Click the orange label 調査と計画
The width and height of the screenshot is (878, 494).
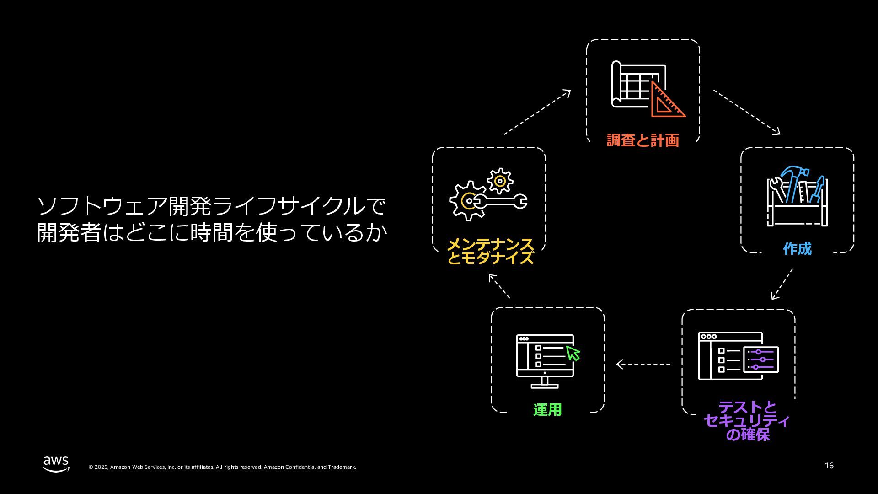pyautogui.click(x=642, y=140)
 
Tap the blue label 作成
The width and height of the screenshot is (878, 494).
pyautogui.click(x=797, y=249)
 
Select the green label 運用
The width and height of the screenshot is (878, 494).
pyautogui.click(x=547, y=410)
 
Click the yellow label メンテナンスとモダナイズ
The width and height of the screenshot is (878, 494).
pyautogui.click(x=490, y=251)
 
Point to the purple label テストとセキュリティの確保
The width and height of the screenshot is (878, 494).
pyautogui.click(x=747, y=420)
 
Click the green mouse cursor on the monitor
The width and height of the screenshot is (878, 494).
pyautogui.click(x=573, y=353)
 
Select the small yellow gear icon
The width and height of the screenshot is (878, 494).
pyautogui.click(x=500, y=181)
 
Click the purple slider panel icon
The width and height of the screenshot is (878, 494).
pyautogui.click(x=761, y=360)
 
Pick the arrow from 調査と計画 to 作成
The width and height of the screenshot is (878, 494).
pyautogui.click(x=747, y=112)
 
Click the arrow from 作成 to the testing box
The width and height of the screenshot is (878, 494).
pyautogui.click(x=782, y=284)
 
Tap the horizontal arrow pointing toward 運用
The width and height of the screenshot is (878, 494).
pyautogui.click(x=643, y=364)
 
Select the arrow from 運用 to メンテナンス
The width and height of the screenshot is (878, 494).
pyautogui.click(x=499, y=286)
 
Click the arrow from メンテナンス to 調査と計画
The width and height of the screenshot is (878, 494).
pyautogui.click(x=537, y=112)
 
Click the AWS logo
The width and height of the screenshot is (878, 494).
pyautogui.click(x=56, y=463)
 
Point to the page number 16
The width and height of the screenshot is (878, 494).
pyautogui.click(x=829, y=466)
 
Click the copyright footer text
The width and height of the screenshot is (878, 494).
pyautogui.click(x=222, y=467)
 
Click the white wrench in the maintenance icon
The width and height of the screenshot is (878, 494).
pyautogui.click(x=501, y=201)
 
